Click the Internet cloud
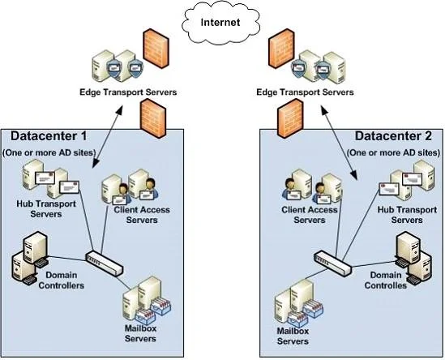(x=220, y=23)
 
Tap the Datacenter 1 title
(x=49, y=136)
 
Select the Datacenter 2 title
(x=393, y=136)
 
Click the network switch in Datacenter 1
(x=105, y=264)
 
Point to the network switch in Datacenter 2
(x=333, y=264)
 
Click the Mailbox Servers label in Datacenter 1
(x=140, y=333)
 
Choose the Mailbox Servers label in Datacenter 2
(x=293, y=336)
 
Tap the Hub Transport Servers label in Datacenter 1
(x=46, y=208)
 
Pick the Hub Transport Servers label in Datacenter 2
(x=407, y=215)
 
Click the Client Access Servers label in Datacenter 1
(x=142, y=215)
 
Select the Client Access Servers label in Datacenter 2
(x=310, y=215)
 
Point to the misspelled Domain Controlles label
(x=386, y=281)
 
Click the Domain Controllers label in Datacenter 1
(x=62, y=281)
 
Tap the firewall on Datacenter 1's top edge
(x=153, y=118)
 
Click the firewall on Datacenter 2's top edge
(x=290, y=118)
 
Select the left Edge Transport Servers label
(x=128, y=92)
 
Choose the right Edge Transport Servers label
(x=305, y=92)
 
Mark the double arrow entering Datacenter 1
(x=108, y=136)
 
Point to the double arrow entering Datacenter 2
(x=339, y=142)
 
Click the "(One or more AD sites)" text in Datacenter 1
(x=49, y=152)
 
